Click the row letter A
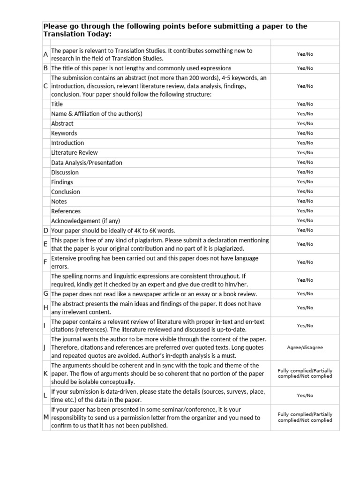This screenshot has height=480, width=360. coord(45,54)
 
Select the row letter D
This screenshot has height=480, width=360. coord(46,230)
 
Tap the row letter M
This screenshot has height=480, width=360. coord(45,418)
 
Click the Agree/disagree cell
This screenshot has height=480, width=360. coord(305,348)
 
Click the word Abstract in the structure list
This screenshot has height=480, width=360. coord(62,123)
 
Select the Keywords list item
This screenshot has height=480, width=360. coord(64,133)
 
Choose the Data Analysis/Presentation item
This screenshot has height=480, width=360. coord(87,163)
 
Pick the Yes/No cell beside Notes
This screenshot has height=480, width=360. coord(305,201)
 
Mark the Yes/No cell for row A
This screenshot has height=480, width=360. coord(305,54)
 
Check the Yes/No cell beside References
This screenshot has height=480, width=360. coord(305,211)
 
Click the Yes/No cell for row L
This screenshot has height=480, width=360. coord(305,396)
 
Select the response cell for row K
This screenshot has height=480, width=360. coord(305,373)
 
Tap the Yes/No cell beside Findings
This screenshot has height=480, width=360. coord(305,182)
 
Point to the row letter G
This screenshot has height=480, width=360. coord(46,294)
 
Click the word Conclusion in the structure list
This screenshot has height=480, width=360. coord(66,192)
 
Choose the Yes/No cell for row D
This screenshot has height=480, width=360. coord(305,230)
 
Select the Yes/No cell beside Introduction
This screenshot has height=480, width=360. coord(305,143)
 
